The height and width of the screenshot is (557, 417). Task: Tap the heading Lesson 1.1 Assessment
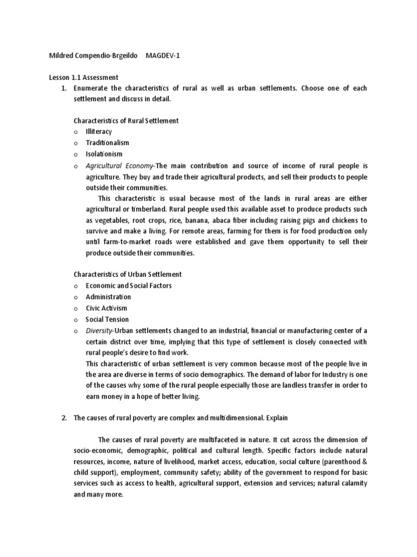tap(83, 78)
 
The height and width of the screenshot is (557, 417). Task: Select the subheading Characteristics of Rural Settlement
tap(126, 120)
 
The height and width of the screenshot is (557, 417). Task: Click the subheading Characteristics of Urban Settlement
tap(128, 274)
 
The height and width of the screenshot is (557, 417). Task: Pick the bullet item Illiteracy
tap(99, 132)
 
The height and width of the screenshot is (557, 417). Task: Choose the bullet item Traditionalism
tap(108, 143)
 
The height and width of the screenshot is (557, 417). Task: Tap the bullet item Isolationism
tap(104, 154)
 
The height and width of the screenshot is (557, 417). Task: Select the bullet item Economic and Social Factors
tap(129, 286)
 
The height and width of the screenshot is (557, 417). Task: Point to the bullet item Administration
tap(108, 297)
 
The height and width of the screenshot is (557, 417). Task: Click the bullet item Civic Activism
tap(106, 308)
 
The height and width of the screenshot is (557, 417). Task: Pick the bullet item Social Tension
tap(107, 319)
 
